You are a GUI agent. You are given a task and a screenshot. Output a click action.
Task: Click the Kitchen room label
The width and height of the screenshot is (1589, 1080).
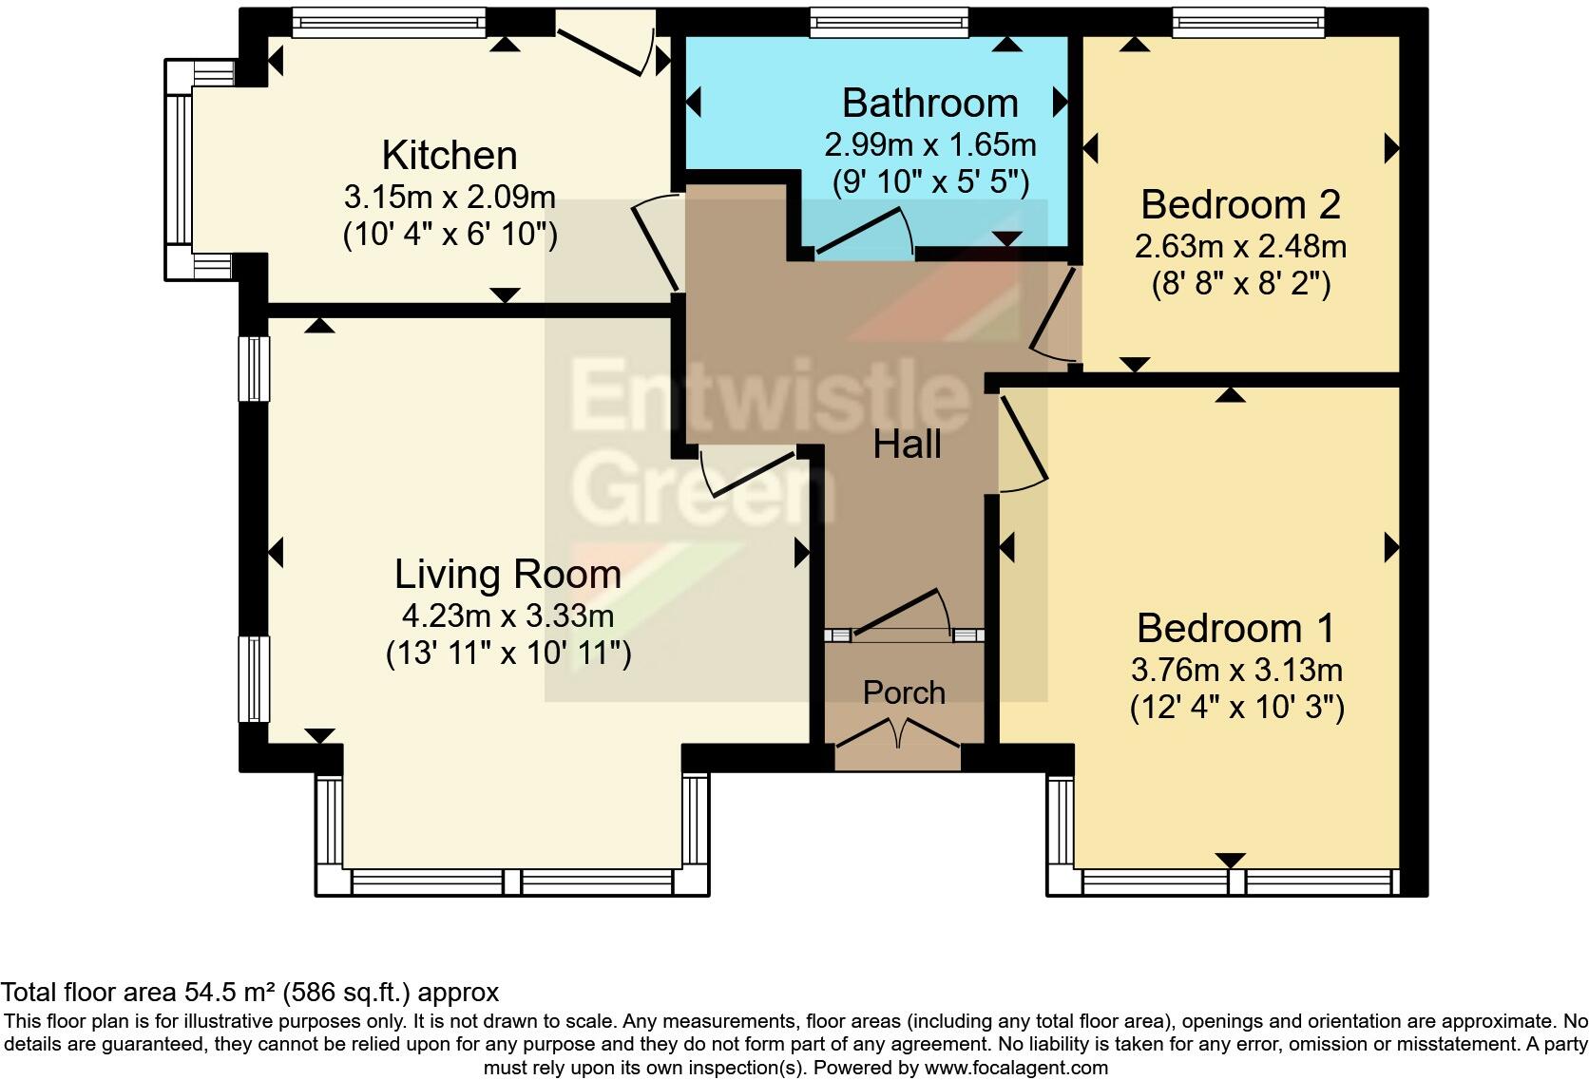click(450, 155)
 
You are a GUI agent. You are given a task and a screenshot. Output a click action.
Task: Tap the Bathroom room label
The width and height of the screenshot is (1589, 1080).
click(930, 104)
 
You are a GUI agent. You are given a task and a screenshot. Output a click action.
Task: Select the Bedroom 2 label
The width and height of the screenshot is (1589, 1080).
click(1241, 205)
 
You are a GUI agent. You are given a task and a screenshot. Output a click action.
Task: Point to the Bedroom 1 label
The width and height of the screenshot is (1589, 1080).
click(1235, 628)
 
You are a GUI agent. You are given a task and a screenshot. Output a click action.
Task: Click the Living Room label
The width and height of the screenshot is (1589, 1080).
click(507, 575)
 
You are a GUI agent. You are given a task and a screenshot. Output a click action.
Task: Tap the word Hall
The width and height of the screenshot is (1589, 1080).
click(907, 445)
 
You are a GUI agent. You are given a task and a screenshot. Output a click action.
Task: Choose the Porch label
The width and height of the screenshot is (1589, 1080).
click(904, 692)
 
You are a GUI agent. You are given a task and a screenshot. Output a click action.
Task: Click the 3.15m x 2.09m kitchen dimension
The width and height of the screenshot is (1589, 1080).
click(450, 197)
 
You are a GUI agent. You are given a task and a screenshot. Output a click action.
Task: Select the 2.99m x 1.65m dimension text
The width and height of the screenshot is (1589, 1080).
click(930, 144)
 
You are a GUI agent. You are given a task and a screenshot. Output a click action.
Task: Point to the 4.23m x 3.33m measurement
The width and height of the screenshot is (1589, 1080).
click(507, 616)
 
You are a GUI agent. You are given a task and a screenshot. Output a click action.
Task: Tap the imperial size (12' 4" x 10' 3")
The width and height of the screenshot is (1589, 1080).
click(1236, 707)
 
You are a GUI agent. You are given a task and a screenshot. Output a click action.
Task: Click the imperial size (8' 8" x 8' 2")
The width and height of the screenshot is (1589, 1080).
click(1241, 284)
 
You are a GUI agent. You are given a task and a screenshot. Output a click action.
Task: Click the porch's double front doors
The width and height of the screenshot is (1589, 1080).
click(898, 733)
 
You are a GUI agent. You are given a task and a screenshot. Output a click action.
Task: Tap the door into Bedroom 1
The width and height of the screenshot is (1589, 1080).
click(1023, 444)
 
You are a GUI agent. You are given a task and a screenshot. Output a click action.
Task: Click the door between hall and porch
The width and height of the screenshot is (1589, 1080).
click(902, 614)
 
